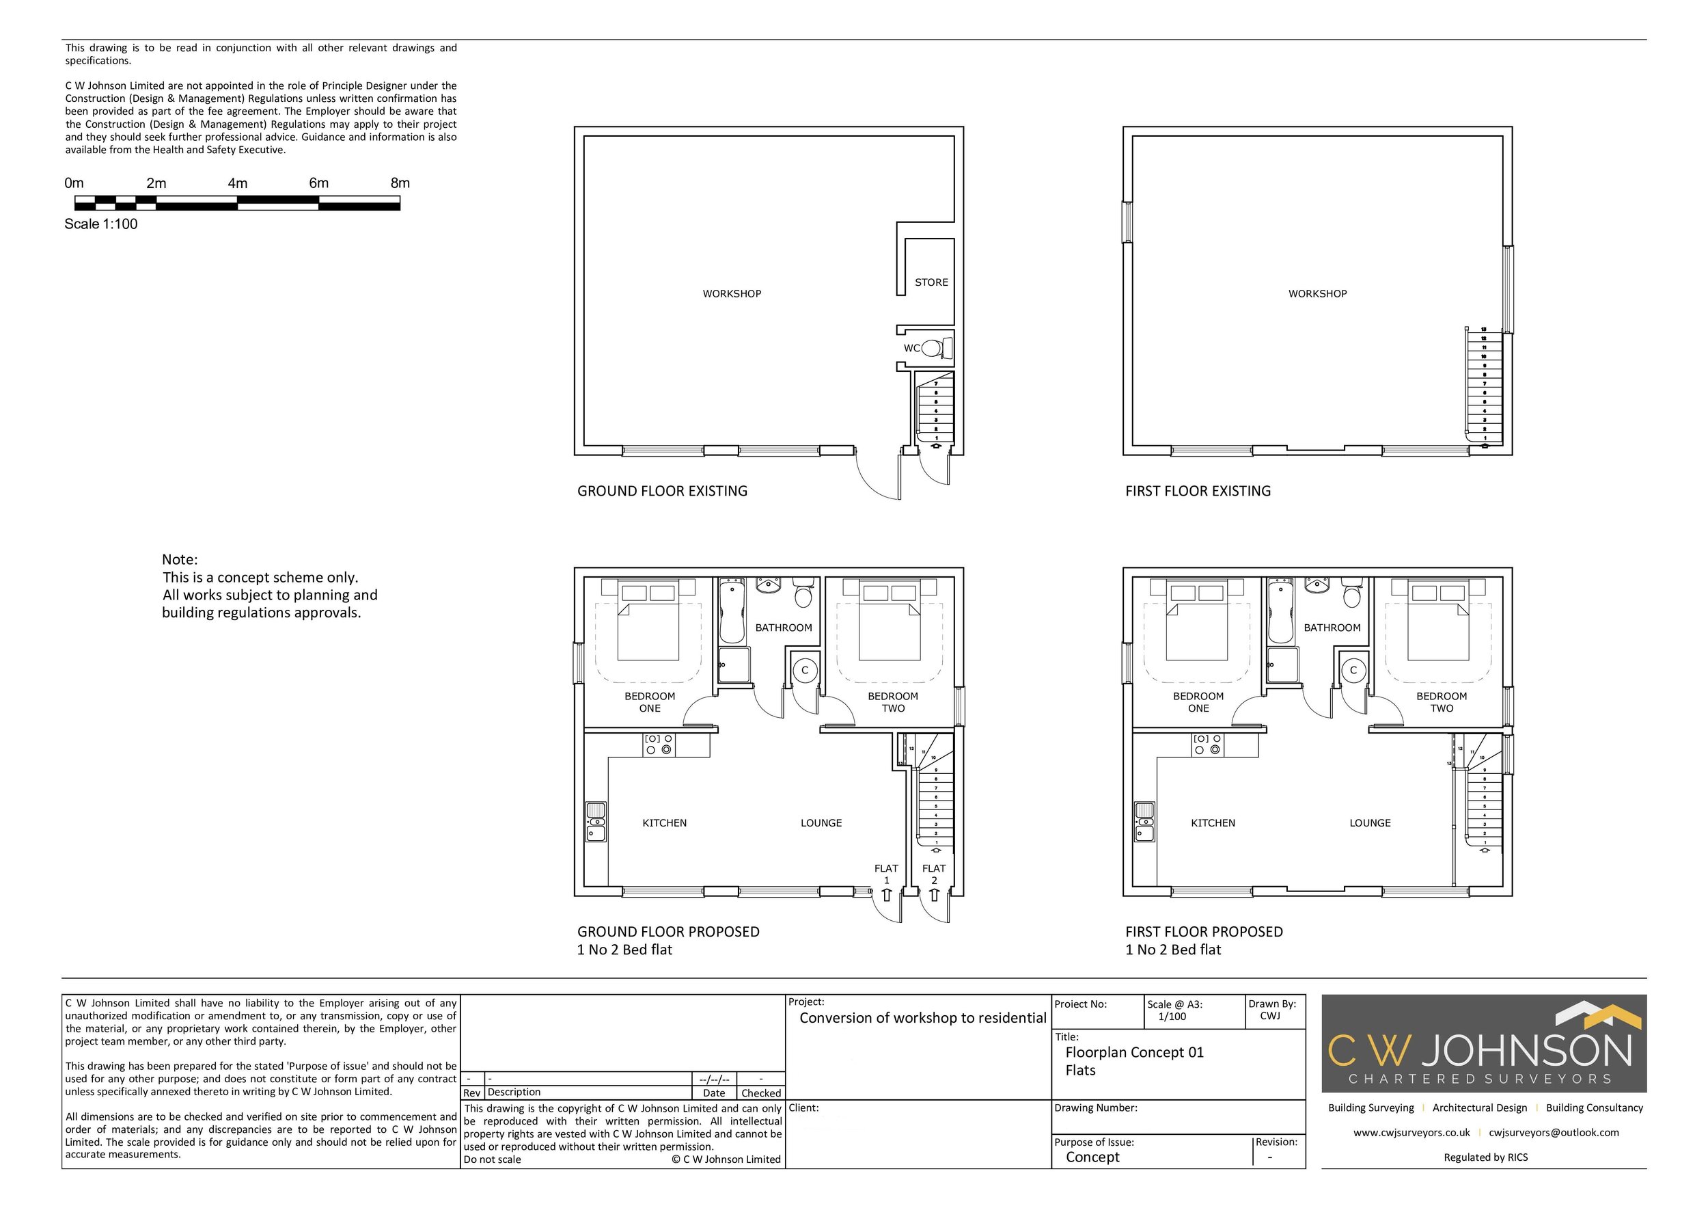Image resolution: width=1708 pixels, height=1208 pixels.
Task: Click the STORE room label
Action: [x=931, y=282]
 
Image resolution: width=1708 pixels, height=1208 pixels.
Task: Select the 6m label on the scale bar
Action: [x=318, y=183]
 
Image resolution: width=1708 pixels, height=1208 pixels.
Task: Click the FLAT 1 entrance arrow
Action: [x=886, y=895]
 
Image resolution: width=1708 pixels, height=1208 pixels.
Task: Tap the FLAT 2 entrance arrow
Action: [x=935, y=895]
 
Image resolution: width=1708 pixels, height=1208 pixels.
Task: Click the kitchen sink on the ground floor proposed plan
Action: [x=596, y=822]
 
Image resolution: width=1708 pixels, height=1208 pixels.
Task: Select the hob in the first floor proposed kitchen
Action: [x=1207, y=744]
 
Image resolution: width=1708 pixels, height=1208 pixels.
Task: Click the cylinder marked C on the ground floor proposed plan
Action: [x=804, y=670]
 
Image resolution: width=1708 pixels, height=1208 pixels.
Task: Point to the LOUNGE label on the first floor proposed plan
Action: [x=1370, y=822]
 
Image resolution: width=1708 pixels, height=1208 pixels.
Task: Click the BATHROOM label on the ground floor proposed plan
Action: [x=784, y=628]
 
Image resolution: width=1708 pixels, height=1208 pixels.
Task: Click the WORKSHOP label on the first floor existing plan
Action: [x=1317, y=293]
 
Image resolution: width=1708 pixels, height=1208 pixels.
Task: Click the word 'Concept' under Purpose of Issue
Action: [x=1092, y=1157]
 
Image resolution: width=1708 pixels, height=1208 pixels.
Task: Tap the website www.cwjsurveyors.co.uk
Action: [x=1411, y=1132]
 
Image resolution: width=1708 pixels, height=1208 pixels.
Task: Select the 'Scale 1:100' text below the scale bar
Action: [x=101, y=224]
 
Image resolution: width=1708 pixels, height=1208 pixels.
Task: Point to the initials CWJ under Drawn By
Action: [x=1270, y=1016]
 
